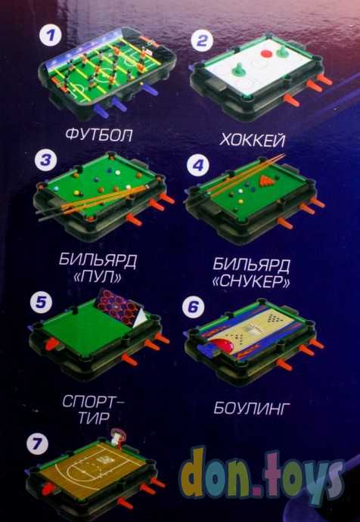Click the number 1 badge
51,36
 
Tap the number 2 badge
202,41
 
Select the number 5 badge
42,303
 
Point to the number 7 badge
37,444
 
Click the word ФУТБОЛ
99,135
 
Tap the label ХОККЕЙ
252,140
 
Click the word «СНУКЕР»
251,282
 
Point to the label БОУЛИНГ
250,409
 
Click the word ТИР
94,418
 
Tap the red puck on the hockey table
266,53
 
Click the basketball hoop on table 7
117,436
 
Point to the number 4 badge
198,165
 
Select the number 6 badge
194,306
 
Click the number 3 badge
46,160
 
